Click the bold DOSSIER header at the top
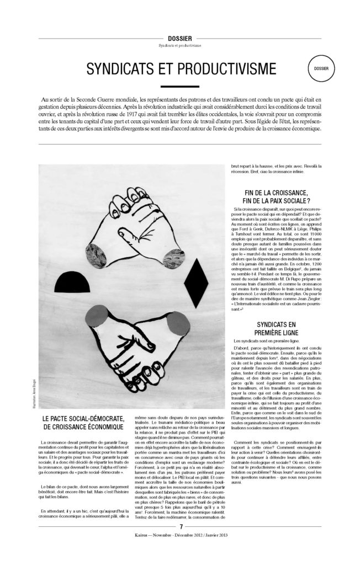tap(180, 38)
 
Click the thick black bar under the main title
tap(180, 87)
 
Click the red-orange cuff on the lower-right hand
tap(177, 324)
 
